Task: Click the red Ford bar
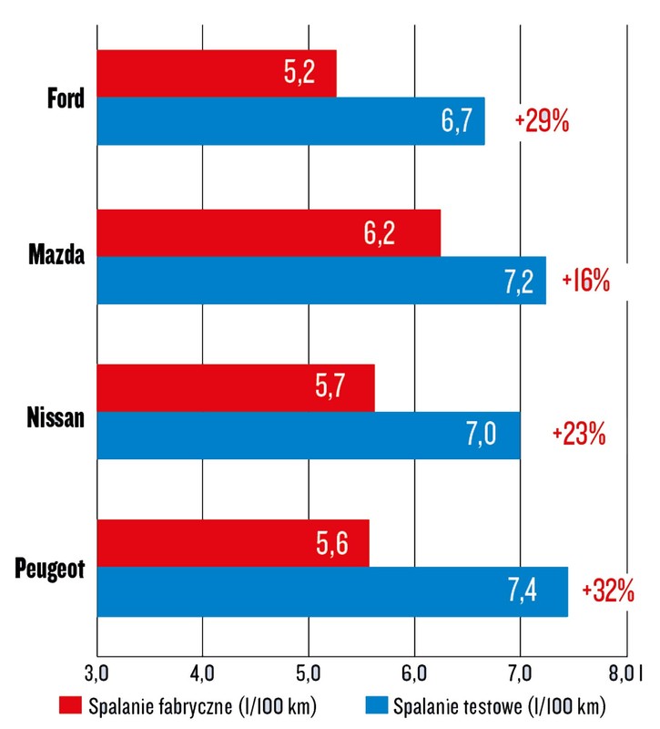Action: point(216,73)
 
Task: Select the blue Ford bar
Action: point(290,121)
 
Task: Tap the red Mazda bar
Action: point(268,232)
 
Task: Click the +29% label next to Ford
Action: point(542,122)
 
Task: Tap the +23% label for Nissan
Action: point(579,435)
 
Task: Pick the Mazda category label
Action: point(56,256)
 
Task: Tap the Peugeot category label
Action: point(50,570)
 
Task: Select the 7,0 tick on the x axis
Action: point(520,673)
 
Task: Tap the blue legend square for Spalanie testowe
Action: point(374,706)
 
